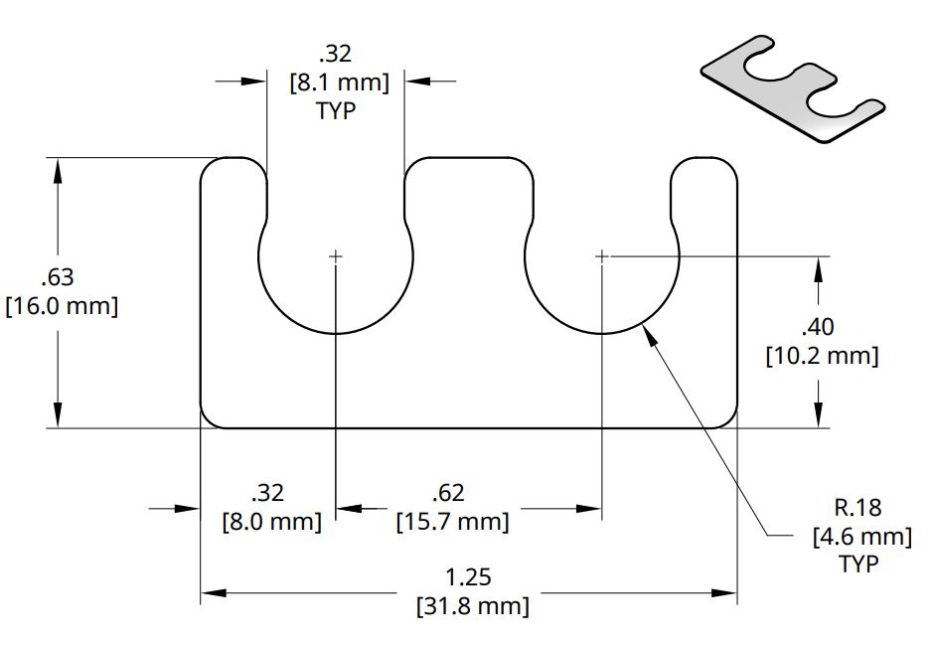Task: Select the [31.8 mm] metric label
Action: tap(471, 605)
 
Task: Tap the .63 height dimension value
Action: tap(59, 277)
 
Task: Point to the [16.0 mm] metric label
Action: tap(62, 306)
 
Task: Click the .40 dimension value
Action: tap(821, 327)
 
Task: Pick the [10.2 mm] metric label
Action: tap(822, 356)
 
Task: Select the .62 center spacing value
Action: tap(449, 492)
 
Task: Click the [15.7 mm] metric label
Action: tap(452, 521)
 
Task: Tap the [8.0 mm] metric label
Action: tap(271, 521)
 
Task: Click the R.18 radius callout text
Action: tap(857, 508)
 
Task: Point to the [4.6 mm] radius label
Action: tap(861, 537)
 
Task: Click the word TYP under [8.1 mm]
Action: tap(336, 110)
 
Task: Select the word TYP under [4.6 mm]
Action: tap(859, 565)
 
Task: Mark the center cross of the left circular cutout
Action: tap(336, 256)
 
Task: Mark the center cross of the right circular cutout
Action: tap(602, 256)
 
